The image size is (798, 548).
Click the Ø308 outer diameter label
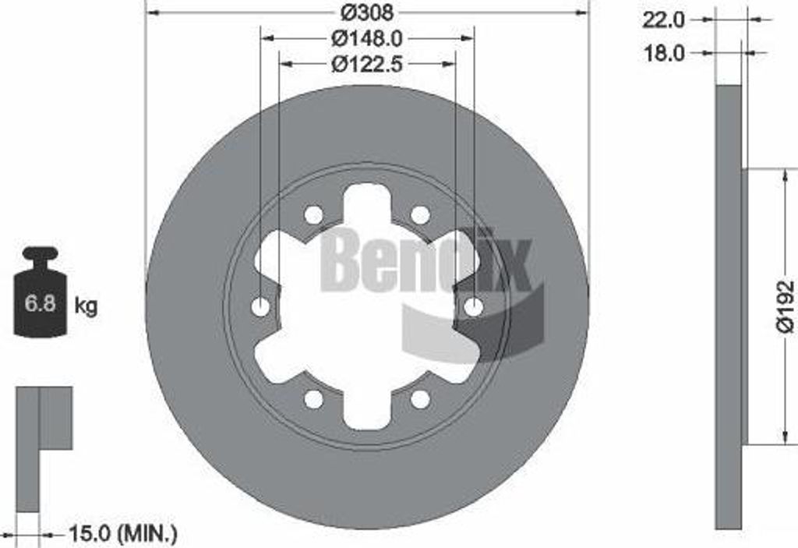(x=366, y=12)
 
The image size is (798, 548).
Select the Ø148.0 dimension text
(x=367, y=38)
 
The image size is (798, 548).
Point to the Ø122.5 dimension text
(x=367, y=64)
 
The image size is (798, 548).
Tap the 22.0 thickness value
(x=664, y=20)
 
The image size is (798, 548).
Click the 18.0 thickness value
(x=664, y=53)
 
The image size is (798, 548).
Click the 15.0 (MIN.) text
(x=123, y=534)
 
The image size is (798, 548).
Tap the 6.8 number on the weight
(x=40, y=303)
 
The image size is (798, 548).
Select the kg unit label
(x=86, y=306)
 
